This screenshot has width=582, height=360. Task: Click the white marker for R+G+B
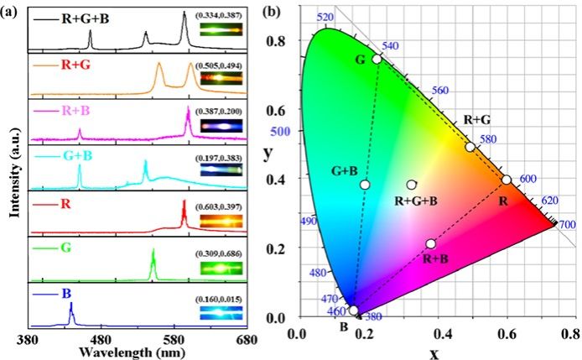412,185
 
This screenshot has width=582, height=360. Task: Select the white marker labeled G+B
365,185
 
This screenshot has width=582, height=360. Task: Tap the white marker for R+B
430,243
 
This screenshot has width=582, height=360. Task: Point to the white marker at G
377,59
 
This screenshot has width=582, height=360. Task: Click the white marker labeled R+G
470,147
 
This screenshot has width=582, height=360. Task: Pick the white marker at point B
353,310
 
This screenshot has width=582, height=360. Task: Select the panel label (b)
272,13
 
